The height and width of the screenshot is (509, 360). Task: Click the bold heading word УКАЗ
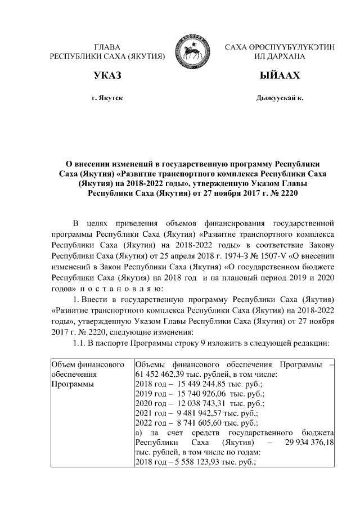[107, 75]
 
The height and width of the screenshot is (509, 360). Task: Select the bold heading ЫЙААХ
[280, 75]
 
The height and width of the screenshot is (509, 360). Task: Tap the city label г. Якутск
[107, 98]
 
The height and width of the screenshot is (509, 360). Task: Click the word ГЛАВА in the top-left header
[107, 47]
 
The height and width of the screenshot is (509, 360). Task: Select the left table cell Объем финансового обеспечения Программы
[87, 373]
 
